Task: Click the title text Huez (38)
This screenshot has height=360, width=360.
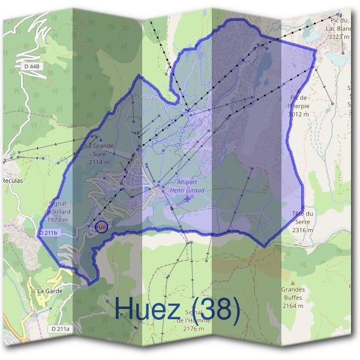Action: (177, 309)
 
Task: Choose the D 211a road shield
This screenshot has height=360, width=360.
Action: (60, 329)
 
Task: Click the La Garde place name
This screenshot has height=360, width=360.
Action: (49, 291)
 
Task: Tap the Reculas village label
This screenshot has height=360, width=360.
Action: (12, 180)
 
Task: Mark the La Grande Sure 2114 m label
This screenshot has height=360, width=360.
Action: (99, 154)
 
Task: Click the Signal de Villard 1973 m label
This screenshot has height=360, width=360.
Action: (59, 212)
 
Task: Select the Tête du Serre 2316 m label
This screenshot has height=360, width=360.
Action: (303, 221)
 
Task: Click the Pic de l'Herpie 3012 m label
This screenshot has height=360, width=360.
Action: (298, 105)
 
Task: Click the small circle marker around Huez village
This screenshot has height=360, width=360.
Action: (101, 227)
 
